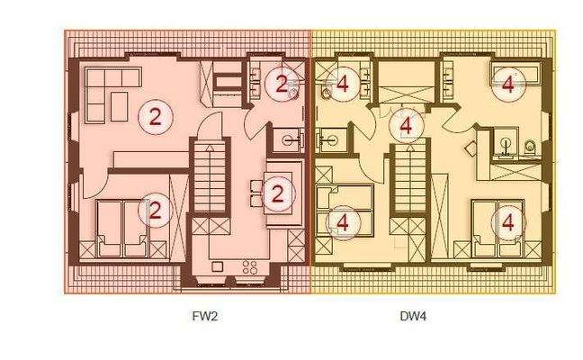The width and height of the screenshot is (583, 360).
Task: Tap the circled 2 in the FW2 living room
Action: tap(156, 115)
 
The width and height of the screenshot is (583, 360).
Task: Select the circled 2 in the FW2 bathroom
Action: tap(281, 85)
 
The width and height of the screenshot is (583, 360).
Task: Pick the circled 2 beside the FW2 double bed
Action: tap(156, 211)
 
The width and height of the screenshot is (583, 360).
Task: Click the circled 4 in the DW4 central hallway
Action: tap(407, 127)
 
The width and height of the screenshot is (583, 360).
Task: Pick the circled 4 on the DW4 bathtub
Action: tap(508, 85)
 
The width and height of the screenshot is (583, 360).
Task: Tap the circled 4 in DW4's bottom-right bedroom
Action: tap(508, 220)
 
